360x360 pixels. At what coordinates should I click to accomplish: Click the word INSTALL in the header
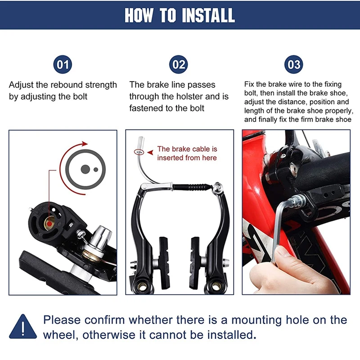[x=208, y=15]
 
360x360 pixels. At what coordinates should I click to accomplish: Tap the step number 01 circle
[x=63, y=64]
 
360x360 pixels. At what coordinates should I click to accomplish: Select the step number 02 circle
[x=178, y=64]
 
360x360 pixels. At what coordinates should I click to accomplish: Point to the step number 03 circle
[x=294, y=64]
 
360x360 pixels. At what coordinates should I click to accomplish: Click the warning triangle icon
[x=23, y=327]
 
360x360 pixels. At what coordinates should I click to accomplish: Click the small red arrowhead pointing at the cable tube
[x=150, y=152]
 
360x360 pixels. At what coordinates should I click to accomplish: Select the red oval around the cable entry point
[x=139, y=152]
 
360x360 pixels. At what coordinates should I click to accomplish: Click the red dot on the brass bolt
[x=49, y=223]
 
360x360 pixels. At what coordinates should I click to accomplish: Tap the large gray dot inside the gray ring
[x=85, y=169]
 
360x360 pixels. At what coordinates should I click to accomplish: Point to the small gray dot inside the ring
[x=96, y=170]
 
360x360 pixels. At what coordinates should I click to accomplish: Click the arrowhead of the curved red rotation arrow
[x=85, y=144]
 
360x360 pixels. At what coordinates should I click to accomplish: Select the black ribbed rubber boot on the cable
[x=193, y=187]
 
